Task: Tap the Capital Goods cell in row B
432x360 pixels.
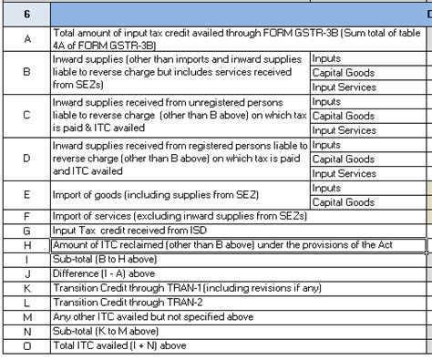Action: (343, 73)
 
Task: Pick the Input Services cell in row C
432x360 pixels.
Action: (344, 130)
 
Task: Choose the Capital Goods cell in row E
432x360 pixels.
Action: (343, 202)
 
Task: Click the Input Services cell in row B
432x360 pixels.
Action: (344, 87)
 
